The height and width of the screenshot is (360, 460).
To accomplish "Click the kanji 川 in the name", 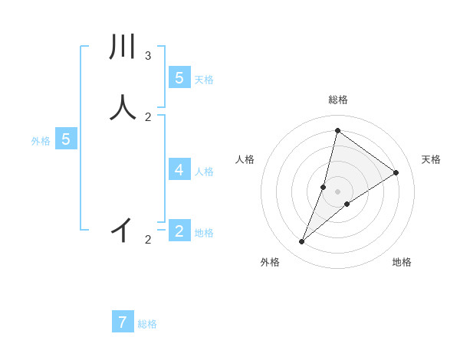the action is [x=123, y=47].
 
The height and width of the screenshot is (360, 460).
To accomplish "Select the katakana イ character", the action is [x=123, y=229].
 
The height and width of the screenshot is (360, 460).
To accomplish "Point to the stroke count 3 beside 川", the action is [x=148, y=56].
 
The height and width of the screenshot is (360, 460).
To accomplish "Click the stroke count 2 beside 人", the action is [x=148, y=117].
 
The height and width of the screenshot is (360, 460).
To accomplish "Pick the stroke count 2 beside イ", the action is [x=148, y=240].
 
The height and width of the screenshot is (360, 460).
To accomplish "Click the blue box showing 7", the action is [x=123, y=322].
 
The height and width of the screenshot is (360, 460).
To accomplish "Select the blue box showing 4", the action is [x=179, y=169].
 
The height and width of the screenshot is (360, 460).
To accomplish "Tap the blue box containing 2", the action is [x=179, y=231].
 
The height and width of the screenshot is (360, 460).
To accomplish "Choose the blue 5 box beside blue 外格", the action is [x=66, y=139].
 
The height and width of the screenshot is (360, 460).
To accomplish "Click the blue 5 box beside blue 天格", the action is [x=179, y=77].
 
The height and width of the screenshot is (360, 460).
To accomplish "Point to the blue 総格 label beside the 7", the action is [x=147, y=324].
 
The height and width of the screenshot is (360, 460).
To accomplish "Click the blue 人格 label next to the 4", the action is [x=204, y=171].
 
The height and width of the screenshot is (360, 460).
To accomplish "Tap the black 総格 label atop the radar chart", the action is [x=337, y=100].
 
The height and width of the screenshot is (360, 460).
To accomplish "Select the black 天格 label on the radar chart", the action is [x=431, y=159].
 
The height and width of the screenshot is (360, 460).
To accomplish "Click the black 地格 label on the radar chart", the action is [x=402, y=262].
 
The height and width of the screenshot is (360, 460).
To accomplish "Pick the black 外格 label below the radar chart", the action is [x=270, y=262].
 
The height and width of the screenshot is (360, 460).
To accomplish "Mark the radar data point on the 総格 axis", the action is [x=337, y=130].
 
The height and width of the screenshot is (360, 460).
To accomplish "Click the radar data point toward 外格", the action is [x=302, y=242].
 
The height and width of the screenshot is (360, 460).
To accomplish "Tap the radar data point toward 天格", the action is [x=396, y=172].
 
